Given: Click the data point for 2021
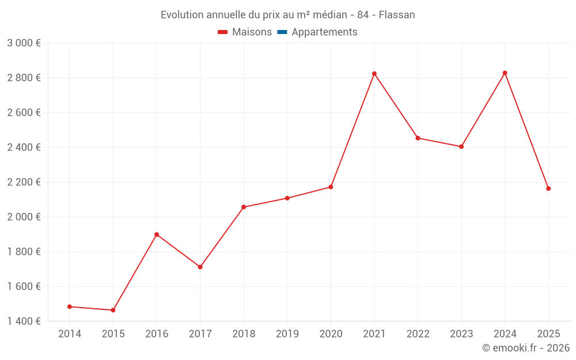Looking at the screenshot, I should [x=374, y=74].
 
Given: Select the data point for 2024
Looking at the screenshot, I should [x=505, y=73].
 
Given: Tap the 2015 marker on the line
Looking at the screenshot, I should [x=113, y=310].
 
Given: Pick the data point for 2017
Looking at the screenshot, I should [x=200, y=267].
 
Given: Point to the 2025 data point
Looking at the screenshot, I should [x=548, y=188].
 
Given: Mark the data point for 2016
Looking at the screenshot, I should [x=157, y=234].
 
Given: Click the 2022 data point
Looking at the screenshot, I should [x=418, y=138].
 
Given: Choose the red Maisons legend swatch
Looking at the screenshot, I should [x=223, y=32].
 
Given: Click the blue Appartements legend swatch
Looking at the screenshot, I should [x=282, y=32].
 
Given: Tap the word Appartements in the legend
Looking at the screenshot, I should [x=324, y=32].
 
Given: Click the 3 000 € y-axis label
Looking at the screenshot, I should [x=24, y=43].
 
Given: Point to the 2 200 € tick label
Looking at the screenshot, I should [x=24, y=182].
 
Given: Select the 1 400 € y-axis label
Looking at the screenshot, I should [x=24, y=321].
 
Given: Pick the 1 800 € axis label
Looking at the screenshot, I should [x=24, y=252].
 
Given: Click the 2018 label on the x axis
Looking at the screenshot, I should [x=244, y=334].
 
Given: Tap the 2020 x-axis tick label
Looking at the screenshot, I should [x=331, y=334].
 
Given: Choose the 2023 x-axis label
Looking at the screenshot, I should [x=461, y=334].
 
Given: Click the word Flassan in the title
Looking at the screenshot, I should [x=397, y=15].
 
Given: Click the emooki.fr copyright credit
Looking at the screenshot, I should [x=526, y=348].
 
